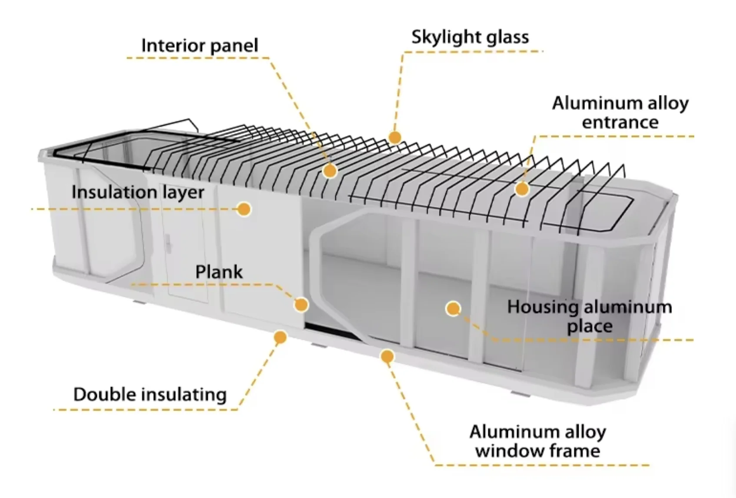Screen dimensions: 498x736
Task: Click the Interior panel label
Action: click(x=199, y=46)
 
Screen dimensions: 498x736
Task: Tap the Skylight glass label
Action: click(x=470, y=37)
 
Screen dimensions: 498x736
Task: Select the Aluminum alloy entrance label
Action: click(x=620, y=113)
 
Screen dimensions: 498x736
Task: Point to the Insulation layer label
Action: click(x=138, y=192)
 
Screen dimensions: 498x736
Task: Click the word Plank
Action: click(x=219, y=272)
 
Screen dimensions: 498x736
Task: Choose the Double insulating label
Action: click(x=150, y=395)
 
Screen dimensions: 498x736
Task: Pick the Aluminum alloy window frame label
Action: click(x=537, y=441)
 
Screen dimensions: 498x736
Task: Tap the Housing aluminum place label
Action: click(x=590, y=316)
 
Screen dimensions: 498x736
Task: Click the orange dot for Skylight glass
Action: click(x=395, y=137)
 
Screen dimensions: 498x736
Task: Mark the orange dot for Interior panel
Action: click(x=330, y=171)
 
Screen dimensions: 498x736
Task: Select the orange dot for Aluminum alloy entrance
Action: click(x=522, y=189)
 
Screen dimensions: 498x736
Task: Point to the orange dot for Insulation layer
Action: click(x=244, y=209)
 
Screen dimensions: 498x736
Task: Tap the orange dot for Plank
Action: click(x=301, y=305)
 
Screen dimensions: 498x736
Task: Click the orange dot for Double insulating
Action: click(x=281, y=337)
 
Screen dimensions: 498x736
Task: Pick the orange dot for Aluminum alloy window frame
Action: click(x=387, y=357)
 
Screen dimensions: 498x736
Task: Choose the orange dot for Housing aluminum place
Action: click(x=453, y=309)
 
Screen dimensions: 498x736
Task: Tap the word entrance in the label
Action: click(x=620, y=122)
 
